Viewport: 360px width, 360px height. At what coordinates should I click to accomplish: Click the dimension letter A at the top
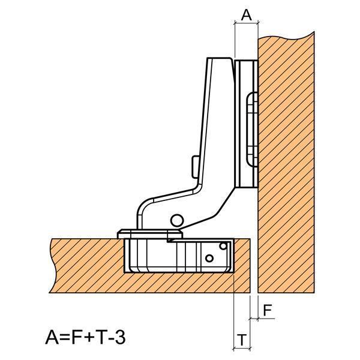pyautogui.click(x=247, y=15)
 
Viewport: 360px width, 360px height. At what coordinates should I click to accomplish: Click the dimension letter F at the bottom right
pyautogui.click(x=268, y=310)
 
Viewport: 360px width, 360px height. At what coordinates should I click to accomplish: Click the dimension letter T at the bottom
pyautogui.click(x=242, y=340)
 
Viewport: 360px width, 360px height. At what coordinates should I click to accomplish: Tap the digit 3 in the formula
pyautogui.click(x=120, y=337)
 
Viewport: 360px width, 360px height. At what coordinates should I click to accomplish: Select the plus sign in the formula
pyautogui.click(x=91, y=338)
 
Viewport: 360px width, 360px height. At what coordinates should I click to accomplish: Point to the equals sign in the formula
pyautogui.click(x=66, y=338)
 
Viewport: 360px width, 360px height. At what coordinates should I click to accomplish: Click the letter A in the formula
pyautogui.click(x=53, y=337)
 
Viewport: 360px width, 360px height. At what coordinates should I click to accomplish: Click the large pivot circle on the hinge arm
pyautogui.click(x=177, y=221)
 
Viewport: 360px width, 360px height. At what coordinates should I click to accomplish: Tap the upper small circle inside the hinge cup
pyautogui.click(x=223, y=246)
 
